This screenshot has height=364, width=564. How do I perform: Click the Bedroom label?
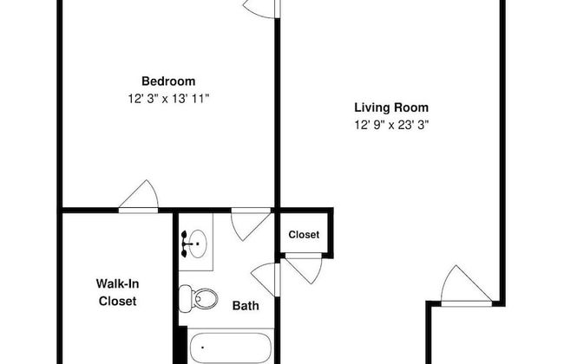[x=168, y=81]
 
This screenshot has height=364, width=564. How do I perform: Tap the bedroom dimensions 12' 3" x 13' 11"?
[x=168, y=99]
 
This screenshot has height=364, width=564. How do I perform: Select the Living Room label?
[x=391, y=107]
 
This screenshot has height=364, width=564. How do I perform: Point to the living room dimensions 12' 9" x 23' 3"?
[x=391, y=125]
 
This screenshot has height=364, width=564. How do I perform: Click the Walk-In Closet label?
[x=118, y=292]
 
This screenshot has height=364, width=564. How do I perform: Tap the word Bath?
[x=246, y=306]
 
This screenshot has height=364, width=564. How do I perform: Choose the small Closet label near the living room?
[x=304, y=235]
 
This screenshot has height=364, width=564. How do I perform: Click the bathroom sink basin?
[x=198, y=244]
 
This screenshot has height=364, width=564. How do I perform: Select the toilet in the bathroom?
[x=198, y=298]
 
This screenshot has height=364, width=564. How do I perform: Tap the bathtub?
[x=231, y=348]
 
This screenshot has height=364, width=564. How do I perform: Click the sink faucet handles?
[x=185, y=244]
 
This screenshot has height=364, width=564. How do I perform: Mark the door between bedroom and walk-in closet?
[x=139, y=197]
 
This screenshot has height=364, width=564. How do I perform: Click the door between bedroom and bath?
[x=251, y=224]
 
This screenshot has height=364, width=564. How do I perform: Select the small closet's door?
[x=303, y=268]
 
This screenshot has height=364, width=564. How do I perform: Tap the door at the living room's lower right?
[x=466, y=286]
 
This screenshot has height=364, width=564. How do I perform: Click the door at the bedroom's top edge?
[x=261, y=9]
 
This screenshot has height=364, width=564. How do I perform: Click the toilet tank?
[x=185, y=298]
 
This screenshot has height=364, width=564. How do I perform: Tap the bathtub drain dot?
[x=202, y=348]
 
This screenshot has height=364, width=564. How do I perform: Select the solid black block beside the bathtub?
[x=183, y=345]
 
